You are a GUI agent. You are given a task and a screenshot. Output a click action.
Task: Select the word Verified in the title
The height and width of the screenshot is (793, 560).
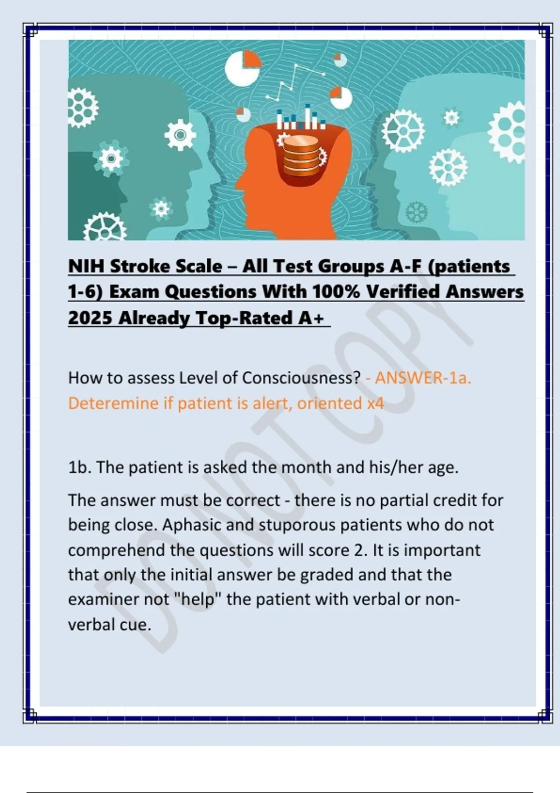click(x=402, y=292)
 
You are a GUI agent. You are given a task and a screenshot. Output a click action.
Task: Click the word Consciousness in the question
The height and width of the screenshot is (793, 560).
click(x=301, y=378)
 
